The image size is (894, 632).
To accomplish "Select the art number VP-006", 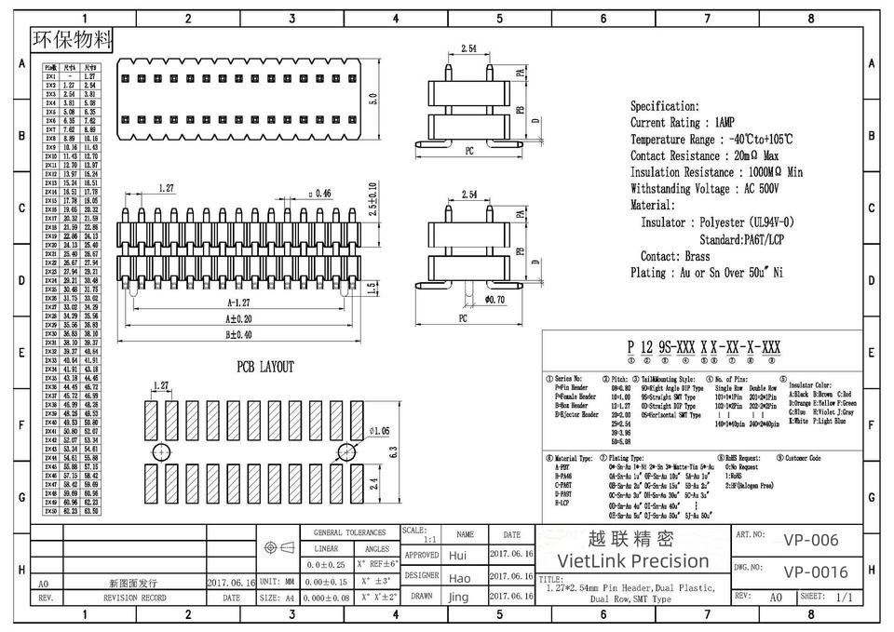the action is point(810,540).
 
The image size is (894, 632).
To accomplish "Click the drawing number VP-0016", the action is point(816,571).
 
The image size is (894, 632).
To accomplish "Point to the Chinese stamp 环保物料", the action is point(72,39).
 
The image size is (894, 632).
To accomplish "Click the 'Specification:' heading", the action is point(664,106).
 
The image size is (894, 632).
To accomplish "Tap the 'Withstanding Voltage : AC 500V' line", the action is point(704,189).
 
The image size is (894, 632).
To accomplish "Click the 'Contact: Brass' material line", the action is point(674,256).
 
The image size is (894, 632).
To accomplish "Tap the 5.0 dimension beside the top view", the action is point(372,98).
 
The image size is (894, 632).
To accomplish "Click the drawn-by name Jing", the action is point(458,597).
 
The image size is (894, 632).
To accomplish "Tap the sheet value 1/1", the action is point(845,597).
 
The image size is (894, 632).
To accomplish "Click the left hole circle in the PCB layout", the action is point(162,452).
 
